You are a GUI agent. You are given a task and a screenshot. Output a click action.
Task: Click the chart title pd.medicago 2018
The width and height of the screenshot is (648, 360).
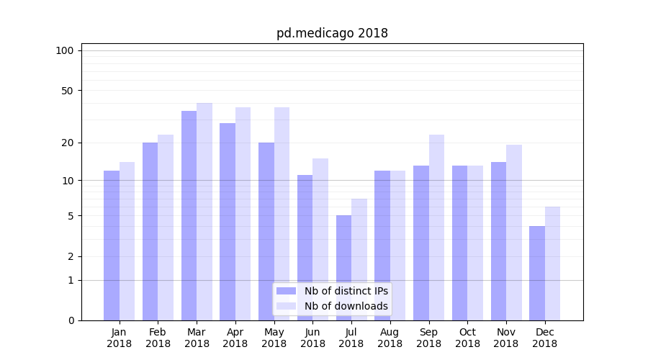[332, 33]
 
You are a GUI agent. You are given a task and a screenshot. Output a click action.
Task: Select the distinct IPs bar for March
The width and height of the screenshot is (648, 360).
[189, 216]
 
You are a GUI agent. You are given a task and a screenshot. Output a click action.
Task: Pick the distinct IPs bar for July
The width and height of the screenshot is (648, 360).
[343, 268]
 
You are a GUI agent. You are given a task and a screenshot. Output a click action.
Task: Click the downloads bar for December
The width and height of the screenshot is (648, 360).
[552, 264]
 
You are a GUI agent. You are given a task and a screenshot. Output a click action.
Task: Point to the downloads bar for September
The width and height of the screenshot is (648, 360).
[436, 228]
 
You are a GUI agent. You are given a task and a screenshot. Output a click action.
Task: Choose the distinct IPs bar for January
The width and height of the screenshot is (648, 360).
[112, 246]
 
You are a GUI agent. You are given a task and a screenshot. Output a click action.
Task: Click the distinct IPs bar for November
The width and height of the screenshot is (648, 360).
[498, 241]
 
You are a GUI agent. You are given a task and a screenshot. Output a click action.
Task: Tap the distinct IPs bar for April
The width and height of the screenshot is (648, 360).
[228, 222]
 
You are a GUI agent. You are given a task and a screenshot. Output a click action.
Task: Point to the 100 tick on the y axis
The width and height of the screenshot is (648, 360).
[65, 50]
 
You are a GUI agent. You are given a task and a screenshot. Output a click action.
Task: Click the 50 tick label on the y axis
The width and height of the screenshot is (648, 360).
[68, 91]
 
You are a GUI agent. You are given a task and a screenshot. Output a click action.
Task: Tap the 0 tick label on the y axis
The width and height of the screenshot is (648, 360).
[71, 320]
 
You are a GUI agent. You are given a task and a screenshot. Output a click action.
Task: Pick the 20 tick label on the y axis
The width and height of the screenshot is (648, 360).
[68, 143]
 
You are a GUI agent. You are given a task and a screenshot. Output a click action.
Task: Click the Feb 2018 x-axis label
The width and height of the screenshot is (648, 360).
[158, 338]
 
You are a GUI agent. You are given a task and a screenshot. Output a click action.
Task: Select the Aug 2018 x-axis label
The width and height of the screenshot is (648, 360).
[390, 338]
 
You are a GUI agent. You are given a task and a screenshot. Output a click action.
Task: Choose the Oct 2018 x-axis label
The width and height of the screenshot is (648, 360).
[467, 338]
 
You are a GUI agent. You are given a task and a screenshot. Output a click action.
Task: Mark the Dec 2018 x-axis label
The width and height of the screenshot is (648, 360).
[544, 338]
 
